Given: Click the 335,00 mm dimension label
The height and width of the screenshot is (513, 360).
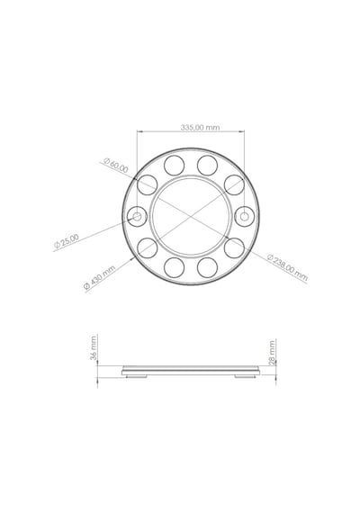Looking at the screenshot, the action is (200, 127).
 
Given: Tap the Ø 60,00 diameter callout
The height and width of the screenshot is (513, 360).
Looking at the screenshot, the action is (116, 166).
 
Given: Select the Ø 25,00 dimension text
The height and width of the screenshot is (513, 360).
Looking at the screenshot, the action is (67, 241).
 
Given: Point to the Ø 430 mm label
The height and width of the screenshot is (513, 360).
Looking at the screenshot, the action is (100, 277).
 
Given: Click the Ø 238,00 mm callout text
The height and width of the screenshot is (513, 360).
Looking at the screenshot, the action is (288, 267).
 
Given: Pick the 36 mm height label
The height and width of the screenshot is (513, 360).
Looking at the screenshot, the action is (94, 347).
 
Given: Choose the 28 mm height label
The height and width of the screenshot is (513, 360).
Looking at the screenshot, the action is (272, 353).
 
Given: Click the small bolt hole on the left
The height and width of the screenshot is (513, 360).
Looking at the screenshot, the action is (137, 216).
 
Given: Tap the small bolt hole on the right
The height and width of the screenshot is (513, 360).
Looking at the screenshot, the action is (245, 216).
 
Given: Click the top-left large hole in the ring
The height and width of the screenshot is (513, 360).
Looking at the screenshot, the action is (174, 166).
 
